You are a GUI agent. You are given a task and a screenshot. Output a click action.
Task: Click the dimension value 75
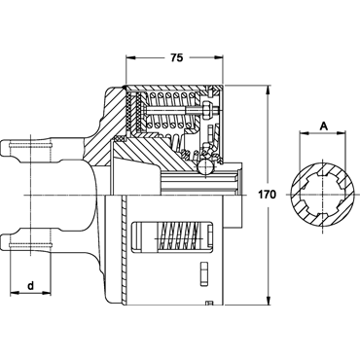pos(177,57)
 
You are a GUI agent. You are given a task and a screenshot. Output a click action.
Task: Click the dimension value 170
pos(267,195)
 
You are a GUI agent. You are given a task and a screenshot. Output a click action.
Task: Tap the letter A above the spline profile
pos(323,126)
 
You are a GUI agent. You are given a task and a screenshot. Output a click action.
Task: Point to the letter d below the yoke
pos(30,286)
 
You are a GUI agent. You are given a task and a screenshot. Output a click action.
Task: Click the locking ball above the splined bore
pos(205,167)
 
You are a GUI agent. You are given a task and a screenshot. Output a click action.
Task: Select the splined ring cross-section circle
pos(322,195)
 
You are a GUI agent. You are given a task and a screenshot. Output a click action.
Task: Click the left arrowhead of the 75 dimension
pos(130,57)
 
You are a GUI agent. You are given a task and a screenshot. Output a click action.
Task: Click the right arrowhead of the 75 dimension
pos(219,57)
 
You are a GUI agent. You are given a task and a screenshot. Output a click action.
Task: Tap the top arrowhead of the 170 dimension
pos(268,90)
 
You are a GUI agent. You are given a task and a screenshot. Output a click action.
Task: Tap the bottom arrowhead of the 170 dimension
pos(268,301)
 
